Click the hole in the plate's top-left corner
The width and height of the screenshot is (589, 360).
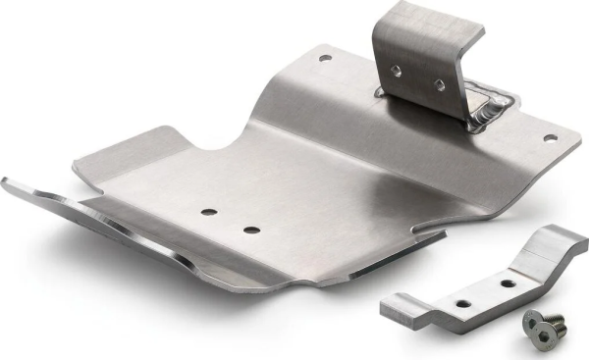point(325,59)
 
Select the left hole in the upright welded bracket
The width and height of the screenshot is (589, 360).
point(396,70)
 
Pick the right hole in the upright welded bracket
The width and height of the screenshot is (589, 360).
point(439,84)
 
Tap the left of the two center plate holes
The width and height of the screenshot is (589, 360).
point(207,211)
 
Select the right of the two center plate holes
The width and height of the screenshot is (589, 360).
point(251,231)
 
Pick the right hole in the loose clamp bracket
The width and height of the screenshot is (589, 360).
point(508,282)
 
